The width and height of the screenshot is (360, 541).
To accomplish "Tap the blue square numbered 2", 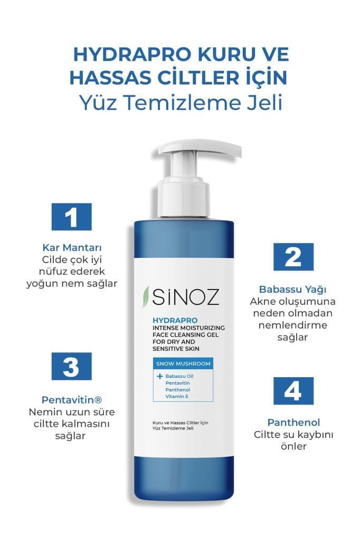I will point(293,257).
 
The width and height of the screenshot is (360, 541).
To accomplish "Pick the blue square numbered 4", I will point(293,391).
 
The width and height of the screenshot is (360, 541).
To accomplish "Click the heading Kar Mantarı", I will point(71,248).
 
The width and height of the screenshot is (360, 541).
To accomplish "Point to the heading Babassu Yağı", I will point(292,290).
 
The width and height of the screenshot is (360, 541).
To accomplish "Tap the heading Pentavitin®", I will point(71,400).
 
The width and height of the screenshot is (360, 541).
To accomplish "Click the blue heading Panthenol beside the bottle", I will point(293,423).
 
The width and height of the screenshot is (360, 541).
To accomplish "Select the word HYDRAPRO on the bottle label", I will point(167,320).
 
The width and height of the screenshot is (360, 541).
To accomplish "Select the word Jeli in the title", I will point(262,102).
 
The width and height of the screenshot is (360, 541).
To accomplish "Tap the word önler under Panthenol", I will point(293,446).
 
